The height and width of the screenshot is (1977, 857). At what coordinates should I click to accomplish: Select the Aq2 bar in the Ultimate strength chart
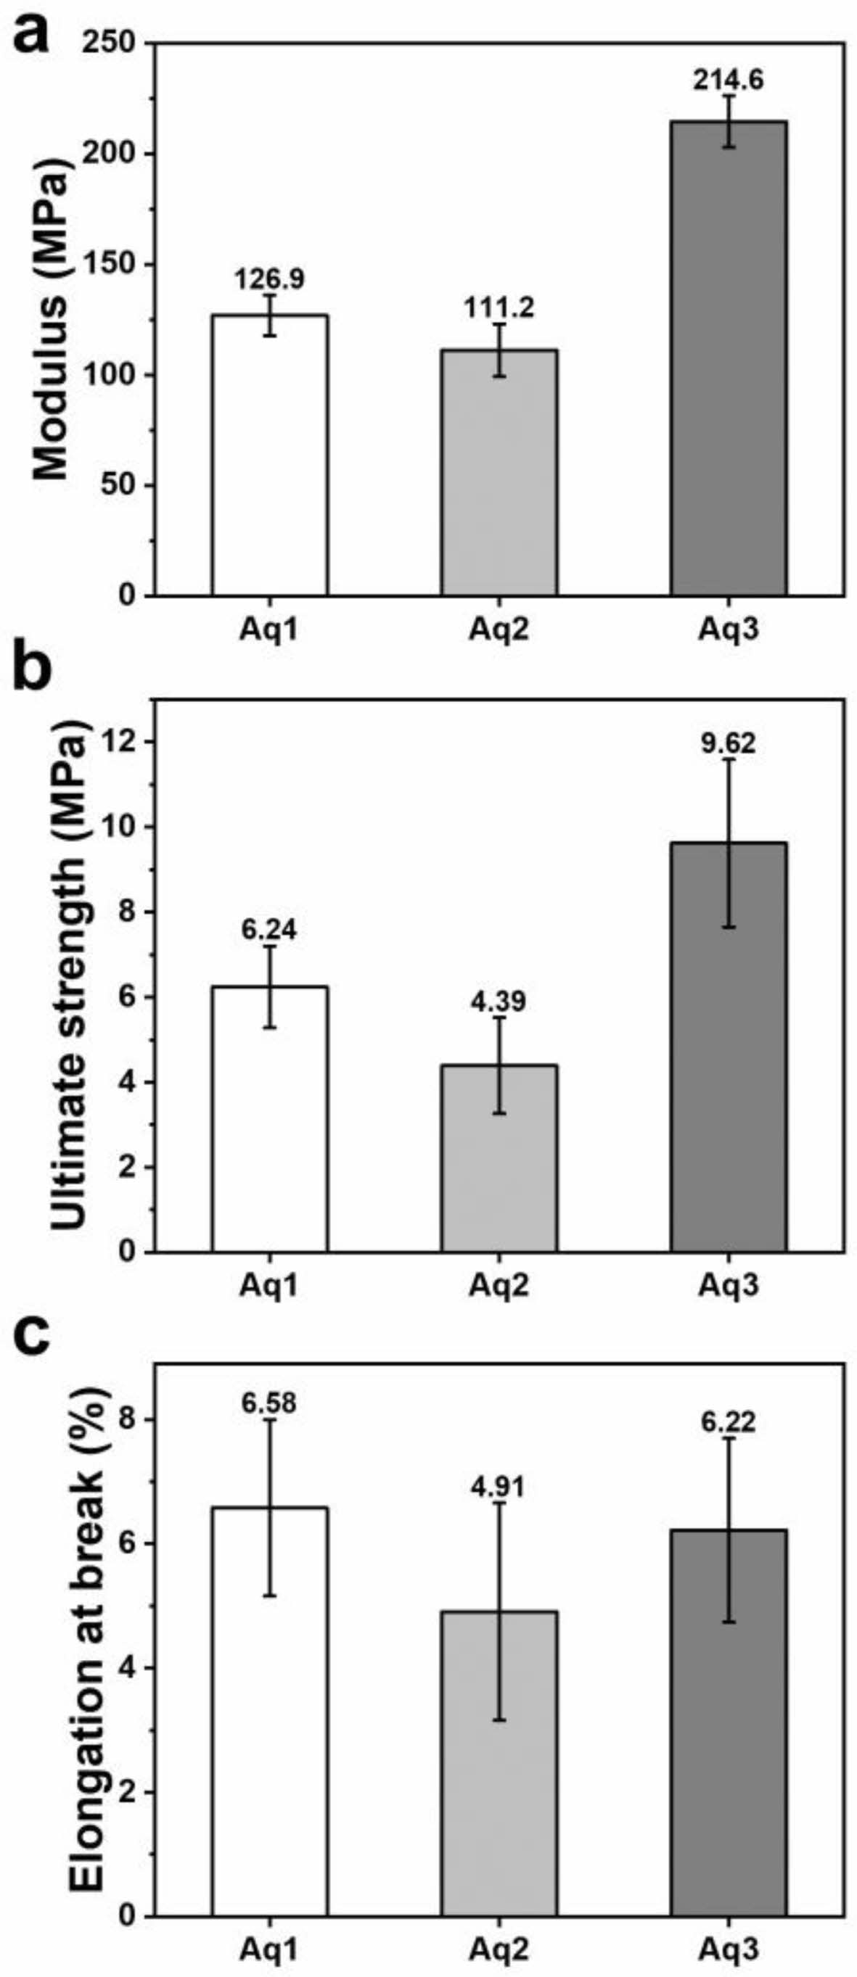pyautogui.click(x=499, y=1158)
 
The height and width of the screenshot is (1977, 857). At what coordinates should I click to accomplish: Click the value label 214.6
pyautogui.click(x=729, y=81)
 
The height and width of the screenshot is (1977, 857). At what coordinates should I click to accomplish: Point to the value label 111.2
pyautogui.click(x=499, y=308)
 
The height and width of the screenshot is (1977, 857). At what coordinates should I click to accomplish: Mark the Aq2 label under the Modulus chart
pyautogui.click(x=499, y=631)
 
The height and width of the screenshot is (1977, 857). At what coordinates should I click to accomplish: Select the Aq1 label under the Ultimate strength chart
pyautogui.click(x=269, y=1284)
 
